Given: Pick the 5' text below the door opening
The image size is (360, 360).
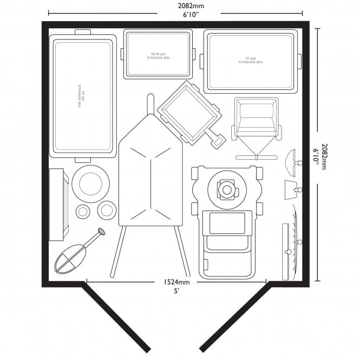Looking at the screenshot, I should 176,291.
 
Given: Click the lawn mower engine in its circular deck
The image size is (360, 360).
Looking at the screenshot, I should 227,189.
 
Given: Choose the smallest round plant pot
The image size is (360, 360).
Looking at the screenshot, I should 83,211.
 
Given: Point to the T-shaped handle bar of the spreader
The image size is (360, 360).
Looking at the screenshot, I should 257,157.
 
